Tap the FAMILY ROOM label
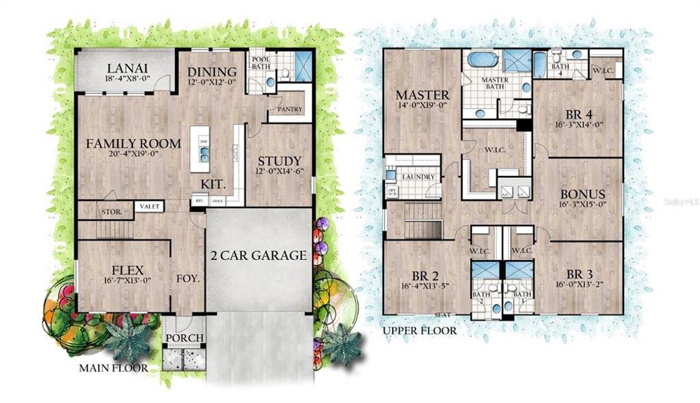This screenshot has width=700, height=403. coord(133,143)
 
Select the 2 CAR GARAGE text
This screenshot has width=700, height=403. coord(259,255)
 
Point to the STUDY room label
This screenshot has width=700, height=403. coord(278,161)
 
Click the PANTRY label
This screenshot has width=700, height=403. coord(290,109)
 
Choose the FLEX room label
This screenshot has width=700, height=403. coord(124,271)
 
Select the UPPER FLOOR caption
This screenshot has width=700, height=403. coord(420,330)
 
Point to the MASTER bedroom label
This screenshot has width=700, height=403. coord(422,94)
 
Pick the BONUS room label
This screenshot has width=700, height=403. coord(582,194)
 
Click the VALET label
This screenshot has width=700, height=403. coord(150,207)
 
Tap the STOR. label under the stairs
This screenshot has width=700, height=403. coord(112,212)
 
